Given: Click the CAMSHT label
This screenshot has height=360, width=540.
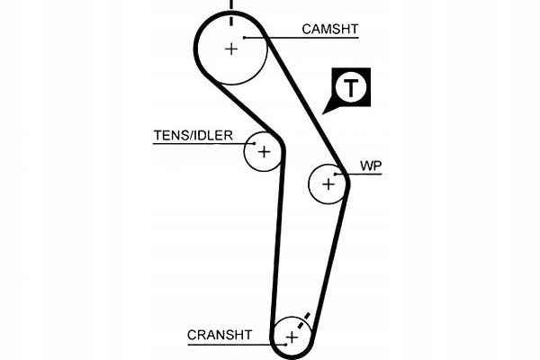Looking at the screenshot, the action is click(330, 30).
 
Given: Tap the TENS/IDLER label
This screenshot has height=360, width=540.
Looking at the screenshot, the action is click(193, 135).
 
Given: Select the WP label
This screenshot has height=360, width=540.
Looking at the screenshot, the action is click(371, 166).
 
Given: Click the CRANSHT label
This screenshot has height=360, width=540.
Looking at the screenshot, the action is click(220, 335).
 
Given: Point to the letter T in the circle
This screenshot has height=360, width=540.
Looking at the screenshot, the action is click(351, 87).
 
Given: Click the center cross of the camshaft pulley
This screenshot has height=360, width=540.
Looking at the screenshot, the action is click(231, 49).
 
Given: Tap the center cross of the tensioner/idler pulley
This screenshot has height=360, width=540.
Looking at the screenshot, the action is click(264, 151).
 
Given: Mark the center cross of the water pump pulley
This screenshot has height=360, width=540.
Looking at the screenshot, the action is click(328, 184).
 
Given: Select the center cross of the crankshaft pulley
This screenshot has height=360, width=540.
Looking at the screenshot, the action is click(292, 337).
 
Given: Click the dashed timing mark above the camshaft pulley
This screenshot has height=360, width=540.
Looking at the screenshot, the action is click(231, 12).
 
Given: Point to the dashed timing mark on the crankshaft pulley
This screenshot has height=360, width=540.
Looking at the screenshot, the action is click(303, 321).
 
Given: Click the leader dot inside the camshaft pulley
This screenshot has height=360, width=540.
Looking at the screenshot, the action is click(244, 38).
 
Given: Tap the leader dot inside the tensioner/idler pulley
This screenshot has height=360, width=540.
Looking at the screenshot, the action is click(255, 144).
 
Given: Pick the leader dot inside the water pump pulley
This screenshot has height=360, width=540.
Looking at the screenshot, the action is click(335, 175).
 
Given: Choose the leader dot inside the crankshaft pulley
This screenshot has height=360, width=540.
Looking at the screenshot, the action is click(285, 344).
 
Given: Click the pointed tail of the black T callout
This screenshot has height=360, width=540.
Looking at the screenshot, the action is click(323, 113).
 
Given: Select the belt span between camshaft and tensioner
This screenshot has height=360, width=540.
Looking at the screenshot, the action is click(247, 109).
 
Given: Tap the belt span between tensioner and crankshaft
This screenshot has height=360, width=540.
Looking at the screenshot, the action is click(278, 238).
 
